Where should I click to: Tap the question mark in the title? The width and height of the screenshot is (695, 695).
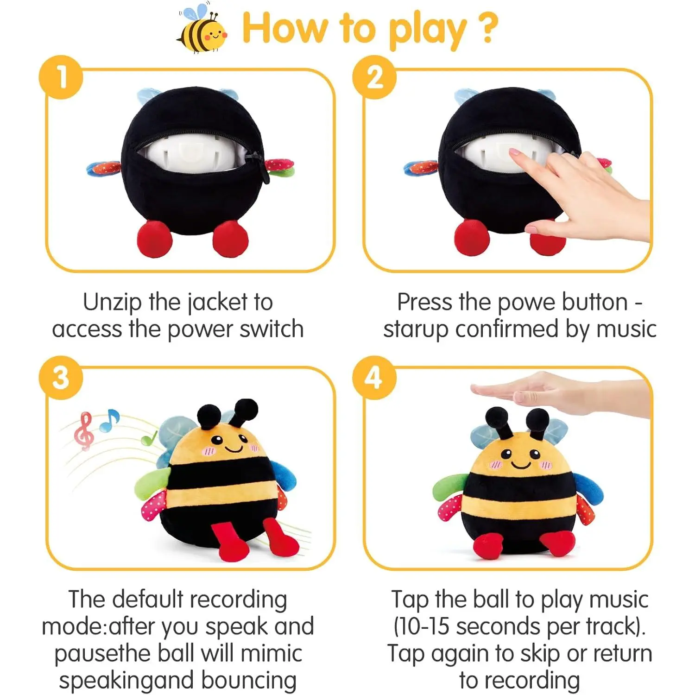point(487,28)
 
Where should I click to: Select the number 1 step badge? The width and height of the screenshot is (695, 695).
point(61,77)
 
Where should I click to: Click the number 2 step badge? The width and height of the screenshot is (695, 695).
point(374,77)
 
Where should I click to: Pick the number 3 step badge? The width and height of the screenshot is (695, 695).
point(61,378)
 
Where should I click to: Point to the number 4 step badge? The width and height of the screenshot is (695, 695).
point(374,378)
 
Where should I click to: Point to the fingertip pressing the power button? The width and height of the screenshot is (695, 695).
point(515,153)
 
